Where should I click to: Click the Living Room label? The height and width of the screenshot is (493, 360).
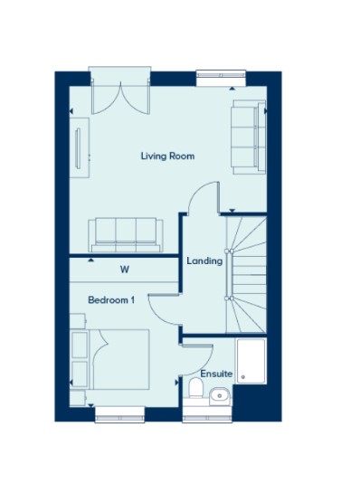[x=167, y=156]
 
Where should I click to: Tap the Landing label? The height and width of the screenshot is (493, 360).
[x=204, y=261]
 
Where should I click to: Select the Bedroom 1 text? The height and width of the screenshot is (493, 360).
[x=111, y=300]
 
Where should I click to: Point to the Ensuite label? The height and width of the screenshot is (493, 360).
[x=216, y=374]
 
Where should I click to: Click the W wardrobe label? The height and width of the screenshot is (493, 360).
[x=125, y=270]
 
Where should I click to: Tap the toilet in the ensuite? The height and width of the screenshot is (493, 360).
[x=195, y=388]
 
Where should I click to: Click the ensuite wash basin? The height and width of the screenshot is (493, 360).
[x=220, y=395]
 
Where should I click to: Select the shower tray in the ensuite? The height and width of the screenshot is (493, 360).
[x=251, y=361]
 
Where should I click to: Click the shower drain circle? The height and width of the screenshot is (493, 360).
[x=242, y=376]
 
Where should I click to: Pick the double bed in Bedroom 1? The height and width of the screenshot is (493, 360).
[x=118, y=359]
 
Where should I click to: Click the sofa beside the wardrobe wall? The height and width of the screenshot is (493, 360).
[x=126, y=234]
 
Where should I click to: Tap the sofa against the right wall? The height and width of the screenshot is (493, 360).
[x=249, y=137]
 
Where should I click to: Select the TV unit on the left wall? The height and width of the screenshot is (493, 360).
[x=80, y=147]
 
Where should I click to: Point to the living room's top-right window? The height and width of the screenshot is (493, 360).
[x=221, y=77]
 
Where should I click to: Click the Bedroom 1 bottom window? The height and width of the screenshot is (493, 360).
[x=119, y=415]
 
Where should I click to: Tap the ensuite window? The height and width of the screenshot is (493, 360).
[x=207, y=415]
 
